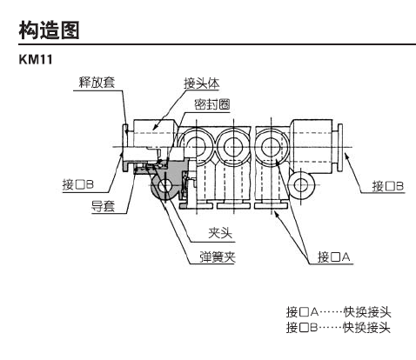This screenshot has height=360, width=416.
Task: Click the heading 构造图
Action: (49, 30)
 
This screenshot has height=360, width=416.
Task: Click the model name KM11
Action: (36, 59)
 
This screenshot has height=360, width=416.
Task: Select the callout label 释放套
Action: (97, 83)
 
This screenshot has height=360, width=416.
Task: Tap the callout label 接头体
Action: (202, 83)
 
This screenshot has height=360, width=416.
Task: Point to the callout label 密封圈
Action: (212, 104)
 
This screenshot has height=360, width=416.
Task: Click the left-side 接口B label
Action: (78, 184)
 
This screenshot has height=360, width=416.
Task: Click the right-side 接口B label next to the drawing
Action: (388, 186)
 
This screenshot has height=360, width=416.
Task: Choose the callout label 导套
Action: (104, 206)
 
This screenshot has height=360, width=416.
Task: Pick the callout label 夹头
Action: (220, 233)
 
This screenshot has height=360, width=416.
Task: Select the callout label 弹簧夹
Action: (218, 257)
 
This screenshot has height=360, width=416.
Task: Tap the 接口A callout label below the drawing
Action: (334, 257)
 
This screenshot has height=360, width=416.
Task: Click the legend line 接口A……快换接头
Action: (339, 312)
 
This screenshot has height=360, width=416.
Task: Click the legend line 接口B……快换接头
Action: (339, 328)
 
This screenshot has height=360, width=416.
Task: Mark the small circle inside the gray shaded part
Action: (164, 184)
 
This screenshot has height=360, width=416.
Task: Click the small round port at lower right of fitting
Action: (301, 184)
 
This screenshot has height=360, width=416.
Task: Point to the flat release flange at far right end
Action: (340, 147)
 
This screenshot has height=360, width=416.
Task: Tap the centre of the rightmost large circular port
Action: (271, 147)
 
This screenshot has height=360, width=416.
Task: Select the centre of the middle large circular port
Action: (233, 147)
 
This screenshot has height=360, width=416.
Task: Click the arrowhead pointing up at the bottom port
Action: (277, 214)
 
